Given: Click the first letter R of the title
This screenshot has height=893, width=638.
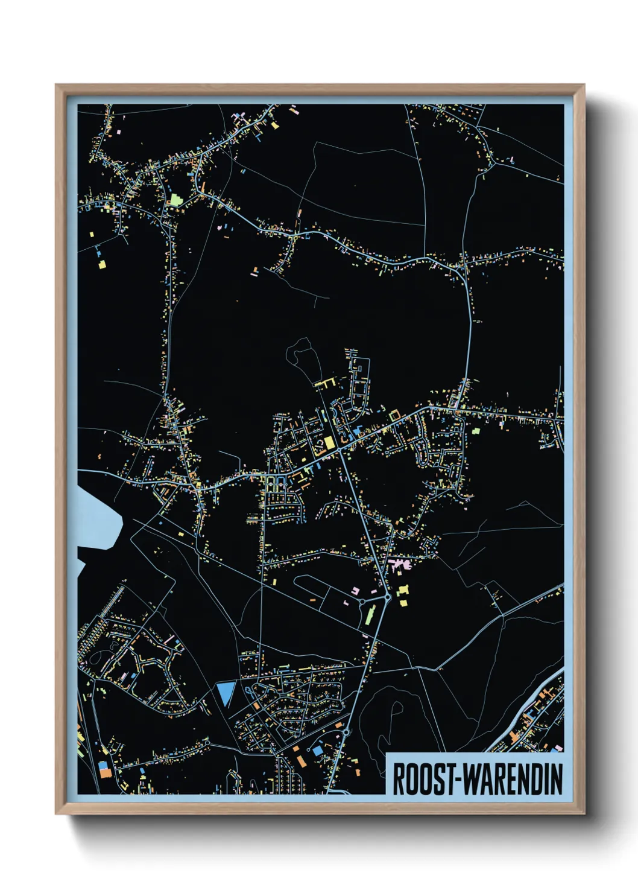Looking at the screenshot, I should (x=400, y=779).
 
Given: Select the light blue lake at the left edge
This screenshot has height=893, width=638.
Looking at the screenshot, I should (x=96, y=513).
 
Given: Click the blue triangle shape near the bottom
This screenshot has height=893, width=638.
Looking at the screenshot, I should (x=226, y=692).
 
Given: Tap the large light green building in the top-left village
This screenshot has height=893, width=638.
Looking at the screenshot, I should (x=175, y=200).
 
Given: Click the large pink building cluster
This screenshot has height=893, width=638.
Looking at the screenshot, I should (x=400, y=565).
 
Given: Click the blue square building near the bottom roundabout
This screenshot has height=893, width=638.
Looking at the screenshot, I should (x=317, y=751).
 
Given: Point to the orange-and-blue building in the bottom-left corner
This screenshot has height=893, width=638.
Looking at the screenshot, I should (x=104, y=769).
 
